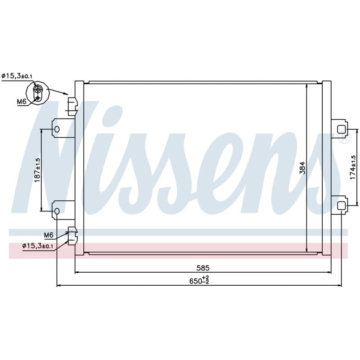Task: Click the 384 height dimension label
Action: [x=303, y=168]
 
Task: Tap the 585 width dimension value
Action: [x=203, y=268]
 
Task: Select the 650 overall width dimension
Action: [x=199, y=280]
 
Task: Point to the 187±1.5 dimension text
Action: [x=37, y=170]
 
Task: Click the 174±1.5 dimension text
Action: [x=353, y=167]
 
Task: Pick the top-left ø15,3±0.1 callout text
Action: [x=17, y=76]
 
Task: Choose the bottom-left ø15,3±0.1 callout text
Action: [x=38, y=246]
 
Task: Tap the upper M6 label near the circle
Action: [x=22, y=101]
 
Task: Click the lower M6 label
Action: [x=49, y=235]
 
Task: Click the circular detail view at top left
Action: [x=38, y=93]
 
